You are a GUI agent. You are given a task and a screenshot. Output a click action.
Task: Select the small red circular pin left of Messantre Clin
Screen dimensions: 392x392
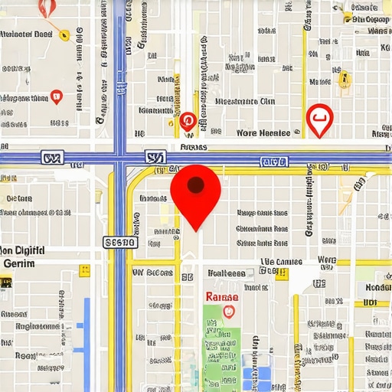(x=187, y=119)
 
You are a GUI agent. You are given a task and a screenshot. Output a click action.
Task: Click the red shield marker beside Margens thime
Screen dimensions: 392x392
(x=55, y=96)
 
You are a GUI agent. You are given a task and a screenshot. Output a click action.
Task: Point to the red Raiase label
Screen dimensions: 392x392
(x=221, y=296)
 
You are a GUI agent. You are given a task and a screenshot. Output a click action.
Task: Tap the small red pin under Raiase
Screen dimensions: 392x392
(x=227, y=311)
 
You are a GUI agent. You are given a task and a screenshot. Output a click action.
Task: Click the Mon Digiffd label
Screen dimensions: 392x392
(x=23, y=250)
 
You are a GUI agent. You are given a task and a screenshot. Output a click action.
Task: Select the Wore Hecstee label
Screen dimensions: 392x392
(x=263, y=132)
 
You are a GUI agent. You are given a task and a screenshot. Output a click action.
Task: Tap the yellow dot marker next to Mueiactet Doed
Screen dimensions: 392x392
(x=64, y=34)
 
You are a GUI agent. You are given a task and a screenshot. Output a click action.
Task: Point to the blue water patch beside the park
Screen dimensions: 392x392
(x=262, y=375)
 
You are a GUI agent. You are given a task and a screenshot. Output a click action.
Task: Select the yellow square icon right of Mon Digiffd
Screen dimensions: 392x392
(x=84, y=269)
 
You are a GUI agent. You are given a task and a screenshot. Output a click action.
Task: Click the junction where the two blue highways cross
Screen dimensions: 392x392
(x=119, y=158)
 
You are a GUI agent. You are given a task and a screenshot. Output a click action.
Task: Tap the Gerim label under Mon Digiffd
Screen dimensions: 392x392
(x=19, y=263)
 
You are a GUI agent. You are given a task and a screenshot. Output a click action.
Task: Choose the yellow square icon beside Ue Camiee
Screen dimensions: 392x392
(x=282, y=273)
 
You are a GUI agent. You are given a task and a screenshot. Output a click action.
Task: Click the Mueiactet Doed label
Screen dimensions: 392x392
(x=26, y=34)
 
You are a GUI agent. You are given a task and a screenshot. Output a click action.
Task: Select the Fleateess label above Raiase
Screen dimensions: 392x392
(x=226, y=273)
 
